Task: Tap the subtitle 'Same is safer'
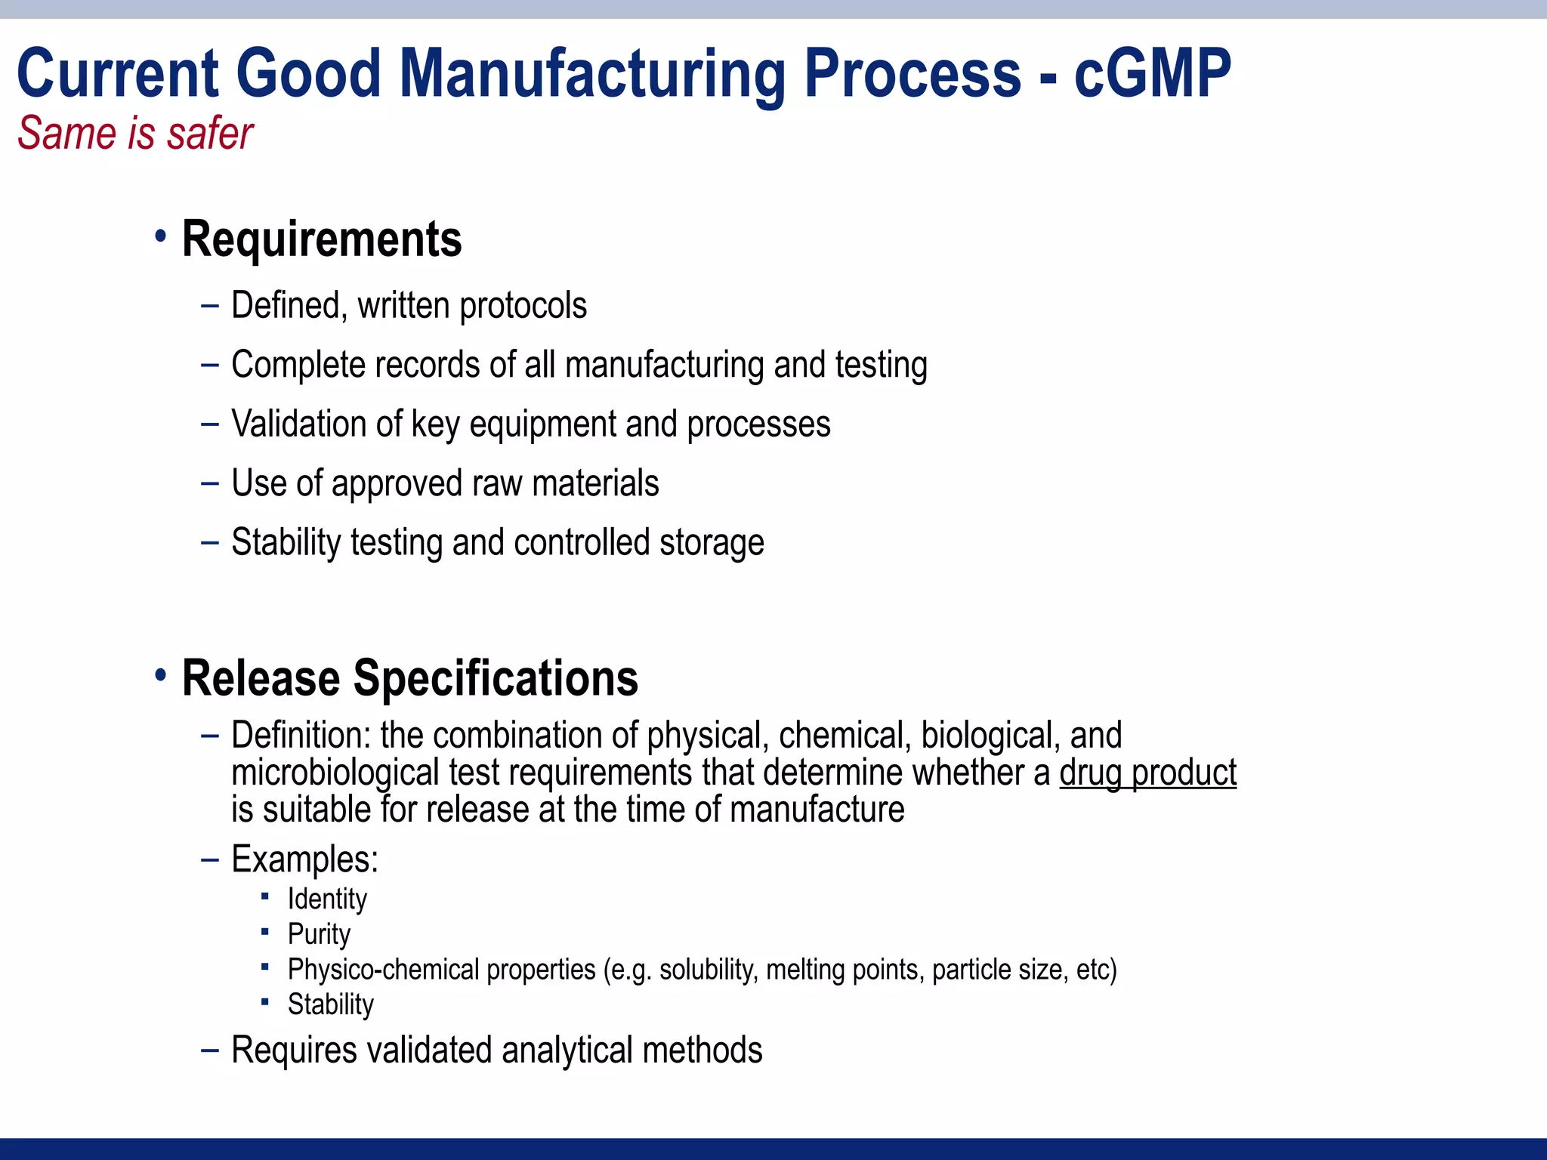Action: tap(135, 134)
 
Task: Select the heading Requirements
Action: tap(322, 239)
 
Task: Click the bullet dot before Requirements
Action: tap(160, 237)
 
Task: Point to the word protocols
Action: tap(523, 307)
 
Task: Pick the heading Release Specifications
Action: tap(410, 678)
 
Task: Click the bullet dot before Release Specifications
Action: tap(160, 674)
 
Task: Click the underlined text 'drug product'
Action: tap(1147, 773)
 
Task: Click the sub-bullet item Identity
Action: tap(327, 899)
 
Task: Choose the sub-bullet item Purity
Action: tap(319, 935)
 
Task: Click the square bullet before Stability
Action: tap(265, 1002)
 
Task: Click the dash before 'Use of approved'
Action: tap(210, 483)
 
